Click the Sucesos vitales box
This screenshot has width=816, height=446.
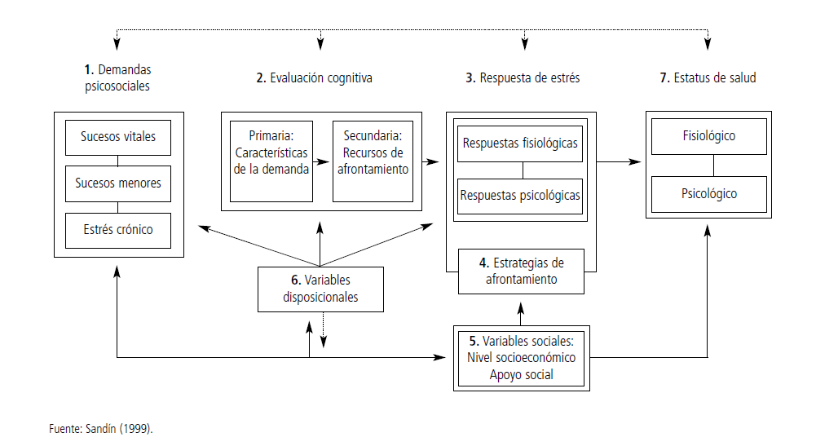tap(118, 136)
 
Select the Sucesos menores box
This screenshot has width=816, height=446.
tap(118, 183)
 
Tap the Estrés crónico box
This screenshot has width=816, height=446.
tap(118, 229)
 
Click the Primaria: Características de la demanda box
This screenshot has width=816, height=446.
tap(271, 161)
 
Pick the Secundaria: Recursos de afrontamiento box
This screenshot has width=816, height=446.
tap(373, 161)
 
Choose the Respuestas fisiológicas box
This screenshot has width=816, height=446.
tap(520, 144)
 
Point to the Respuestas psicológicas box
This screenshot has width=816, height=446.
tap(520, 196)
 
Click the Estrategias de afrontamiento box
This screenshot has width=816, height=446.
tap(521, 271)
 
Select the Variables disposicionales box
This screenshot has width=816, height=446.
tap(320, 289)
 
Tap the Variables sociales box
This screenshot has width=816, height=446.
tap(521, 357)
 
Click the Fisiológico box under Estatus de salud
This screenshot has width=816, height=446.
tap(708, 136)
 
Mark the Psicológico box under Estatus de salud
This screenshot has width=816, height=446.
tap(708, 194)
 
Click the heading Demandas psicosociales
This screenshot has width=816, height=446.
tap(117, 77)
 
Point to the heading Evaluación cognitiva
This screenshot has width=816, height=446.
tap(314, 78)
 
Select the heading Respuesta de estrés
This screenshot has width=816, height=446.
tap(523, 78)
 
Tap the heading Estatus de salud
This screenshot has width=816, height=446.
tap(708, 78)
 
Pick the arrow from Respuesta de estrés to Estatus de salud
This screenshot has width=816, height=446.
tap(618, 162)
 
